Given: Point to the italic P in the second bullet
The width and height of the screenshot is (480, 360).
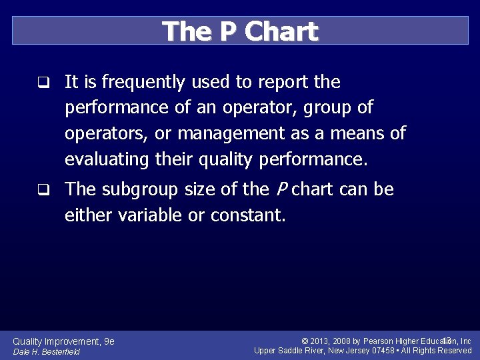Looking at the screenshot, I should click(x=280, y=190).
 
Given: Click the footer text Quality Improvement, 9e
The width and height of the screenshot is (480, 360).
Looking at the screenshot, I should click(x=63, y=341).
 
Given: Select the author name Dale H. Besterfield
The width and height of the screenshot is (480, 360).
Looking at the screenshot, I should click(x=46, y=351).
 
